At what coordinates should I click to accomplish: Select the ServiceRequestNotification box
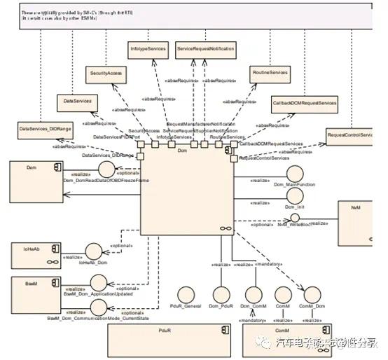[x=205, y=50]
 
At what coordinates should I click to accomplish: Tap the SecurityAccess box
[x=106, y=72]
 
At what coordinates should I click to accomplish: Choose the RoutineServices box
[x=269, y=72]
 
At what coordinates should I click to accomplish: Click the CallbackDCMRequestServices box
[x=304, y=103]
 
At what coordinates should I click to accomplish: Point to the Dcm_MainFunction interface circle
[x=295, y=174]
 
